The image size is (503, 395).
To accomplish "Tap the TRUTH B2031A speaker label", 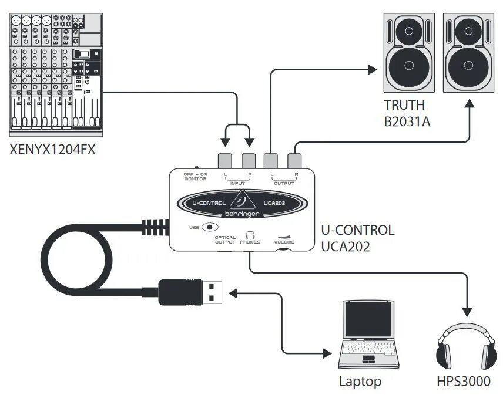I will (x=404, y=114).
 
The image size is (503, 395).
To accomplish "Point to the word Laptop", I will (x=360, y=382).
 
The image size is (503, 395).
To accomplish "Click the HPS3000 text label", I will (x=463, y=382).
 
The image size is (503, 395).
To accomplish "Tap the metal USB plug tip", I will (x=213, y=291).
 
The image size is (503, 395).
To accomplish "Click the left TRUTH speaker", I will (x=409, y=53).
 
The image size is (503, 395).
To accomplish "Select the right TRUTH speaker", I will (x=468, y=53).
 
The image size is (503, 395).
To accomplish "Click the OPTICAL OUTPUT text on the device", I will (x=225, y=240).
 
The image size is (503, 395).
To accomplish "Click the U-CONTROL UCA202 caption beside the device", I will (x=357, y=238).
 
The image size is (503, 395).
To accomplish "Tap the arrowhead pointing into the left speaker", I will (x=371, y=70).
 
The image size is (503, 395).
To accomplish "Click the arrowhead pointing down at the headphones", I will (x=468, y=310).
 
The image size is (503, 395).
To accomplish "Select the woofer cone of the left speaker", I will (x=409, y=65).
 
